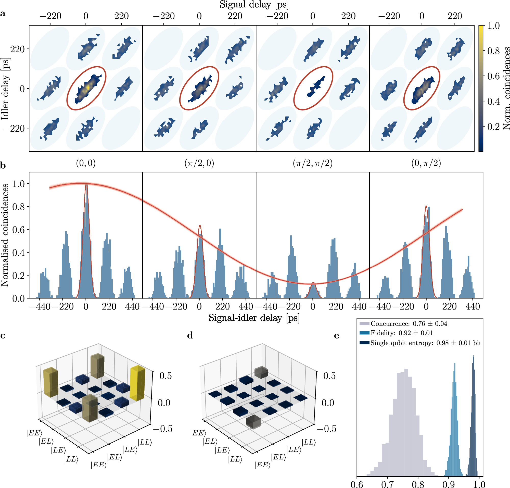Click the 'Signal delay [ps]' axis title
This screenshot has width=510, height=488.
pos(254,5)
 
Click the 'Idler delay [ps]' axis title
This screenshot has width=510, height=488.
pos(5,89)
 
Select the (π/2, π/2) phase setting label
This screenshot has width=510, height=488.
pos(313,163)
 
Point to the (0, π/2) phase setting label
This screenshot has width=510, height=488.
pos(426,163)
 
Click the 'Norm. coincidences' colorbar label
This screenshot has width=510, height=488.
pos(506,89)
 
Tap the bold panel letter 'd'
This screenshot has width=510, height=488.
pos(190,336)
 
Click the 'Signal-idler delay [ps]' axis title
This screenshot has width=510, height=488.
pos(254,318)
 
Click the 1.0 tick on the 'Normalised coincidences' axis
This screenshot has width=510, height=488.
pos(18,184)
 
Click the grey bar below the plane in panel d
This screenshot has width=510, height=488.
pos(253,422)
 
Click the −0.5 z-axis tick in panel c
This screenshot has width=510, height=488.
pos(162,429)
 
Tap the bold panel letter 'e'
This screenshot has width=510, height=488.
pos(337,336)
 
